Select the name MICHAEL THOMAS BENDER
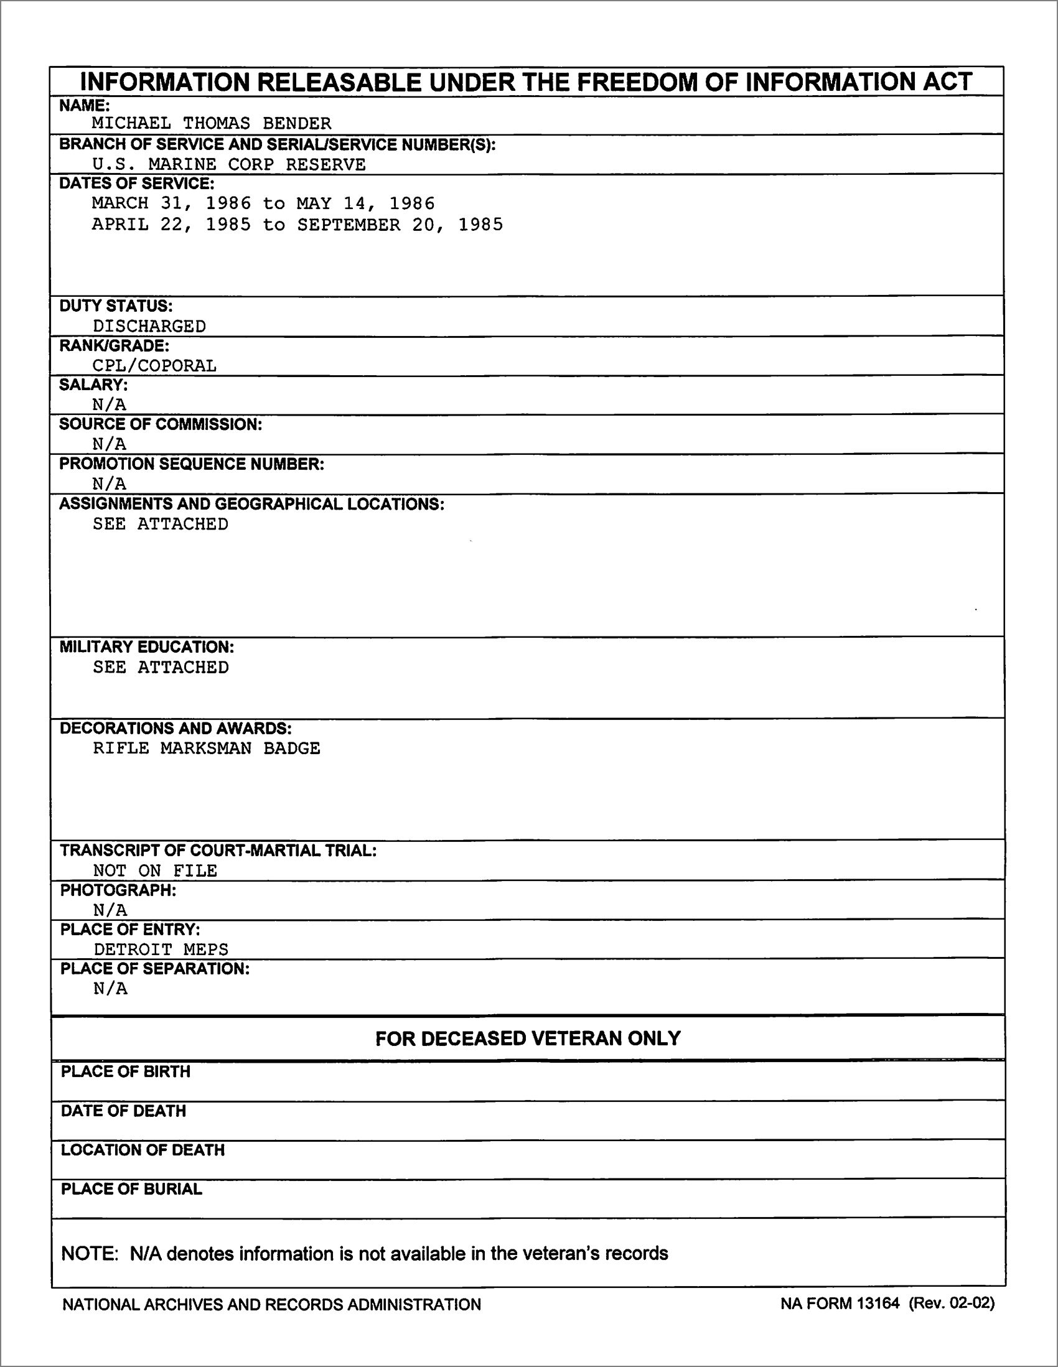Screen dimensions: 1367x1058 (212, 123)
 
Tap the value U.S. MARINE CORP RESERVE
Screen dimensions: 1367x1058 (228, 165)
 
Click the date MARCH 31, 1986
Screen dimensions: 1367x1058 (172, 203)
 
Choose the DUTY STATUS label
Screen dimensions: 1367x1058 (116, 306)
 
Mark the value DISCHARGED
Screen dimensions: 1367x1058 (149, 326)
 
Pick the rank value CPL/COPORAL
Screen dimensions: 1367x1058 (154, 365)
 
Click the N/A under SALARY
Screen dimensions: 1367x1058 (109, 404)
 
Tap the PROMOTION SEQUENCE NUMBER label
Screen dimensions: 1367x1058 (192, 464)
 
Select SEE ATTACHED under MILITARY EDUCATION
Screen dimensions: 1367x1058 (161, 667)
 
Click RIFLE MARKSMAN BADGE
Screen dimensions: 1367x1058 (207, 749)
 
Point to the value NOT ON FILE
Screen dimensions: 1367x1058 (155, 870)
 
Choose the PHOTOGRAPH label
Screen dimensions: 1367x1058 (118, 890)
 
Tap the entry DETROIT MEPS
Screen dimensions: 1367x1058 (161, 949)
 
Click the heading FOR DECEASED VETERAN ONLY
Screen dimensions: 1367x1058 (528, 1039)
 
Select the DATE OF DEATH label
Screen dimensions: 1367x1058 (123, 1111)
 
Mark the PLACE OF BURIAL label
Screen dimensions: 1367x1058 (131, 1189)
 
